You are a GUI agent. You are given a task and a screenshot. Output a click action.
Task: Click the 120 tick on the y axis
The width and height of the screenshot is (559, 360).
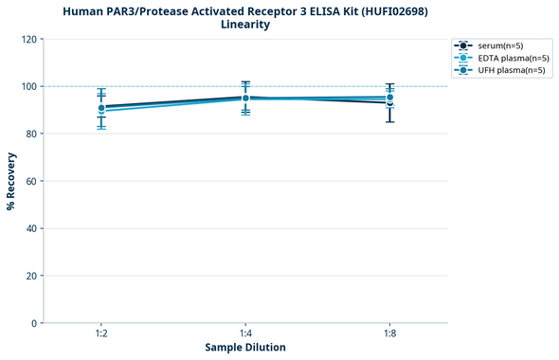pos(27,39)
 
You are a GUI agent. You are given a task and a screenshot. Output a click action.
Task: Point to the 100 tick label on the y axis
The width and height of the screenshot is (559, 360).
pos(27,86)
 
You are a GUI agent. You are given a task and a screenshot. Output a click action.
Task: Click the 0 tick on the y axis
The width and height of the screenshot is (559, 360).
pos(33,323)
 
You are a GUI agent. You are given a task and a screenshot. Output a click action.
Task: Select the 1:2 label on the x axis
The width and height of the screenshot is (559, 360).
pos(100,334)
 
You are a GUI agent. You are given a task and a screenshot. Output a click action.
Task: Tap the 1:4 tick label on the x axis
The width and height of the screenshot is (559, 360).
pos(245,334)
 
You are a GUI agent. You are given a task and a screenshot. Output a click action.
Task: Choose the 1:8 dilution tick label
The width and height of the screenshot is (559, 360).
pos(389,334)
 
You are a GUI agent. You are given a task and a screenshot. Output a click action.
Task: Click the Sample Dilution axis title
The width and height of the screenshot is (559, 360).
pos(245,348)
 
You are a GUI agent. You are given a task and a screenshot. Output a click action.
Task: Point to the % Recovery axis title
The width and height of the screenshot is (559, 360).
pos(11,181)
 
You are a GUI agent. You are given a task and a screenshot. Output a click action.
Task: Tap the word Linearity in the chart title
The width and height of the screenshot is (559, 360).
pos(245,25)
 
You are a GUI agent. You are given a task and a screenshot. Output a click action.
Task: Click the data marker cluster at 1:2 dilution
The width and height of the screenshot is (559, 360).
pos(100,108)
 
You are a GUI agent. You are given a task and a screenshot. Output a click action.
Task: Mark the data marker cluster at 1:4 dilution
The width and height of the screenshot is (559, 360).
pos(245,98)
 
